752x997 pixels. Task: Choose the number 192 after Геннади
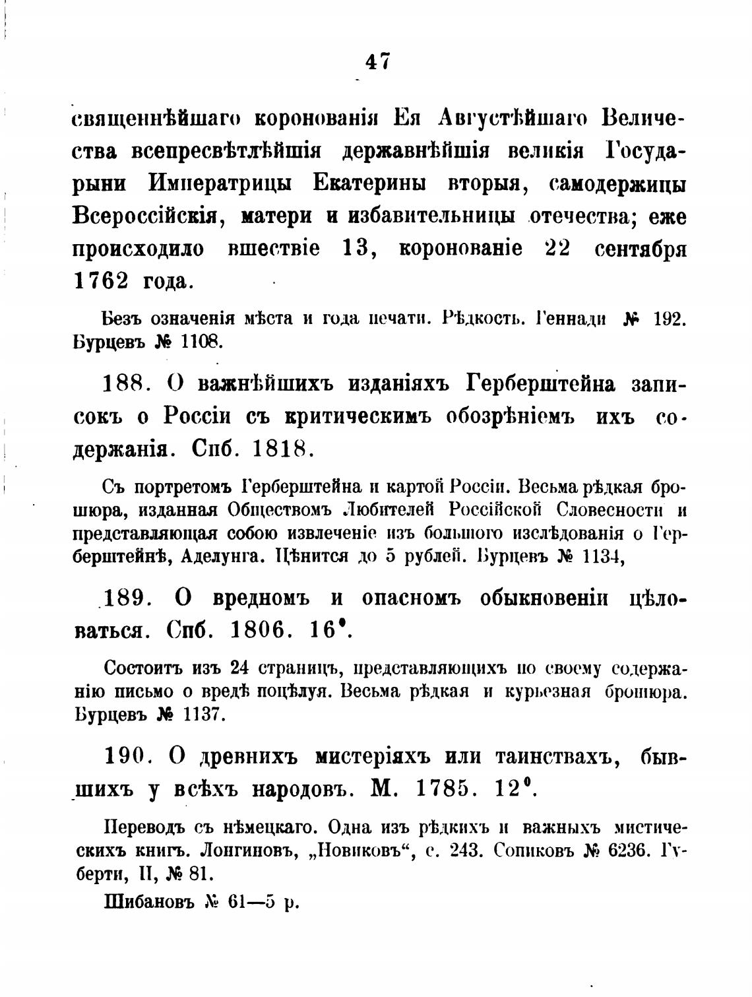671,319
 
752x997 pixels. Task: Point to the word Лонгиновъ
235,851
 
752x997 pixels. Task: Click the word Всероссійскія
146,215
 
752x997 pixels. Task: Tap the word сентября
641,249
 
